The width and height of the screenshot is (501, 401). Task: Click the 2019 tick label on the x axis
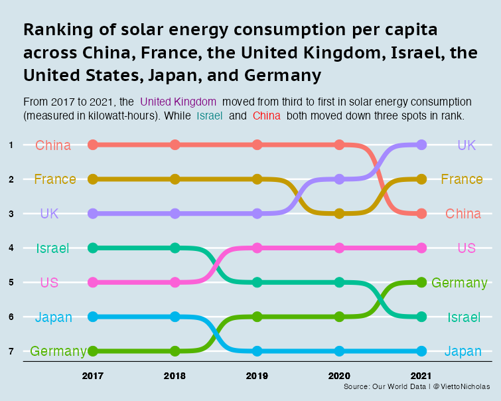click(x=257, y=376)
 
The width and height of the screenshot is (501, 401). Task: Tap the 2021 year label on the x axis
click(x=421, y=376)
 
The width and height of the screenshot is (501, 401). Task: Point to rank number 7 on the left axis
click(x=11, y=351)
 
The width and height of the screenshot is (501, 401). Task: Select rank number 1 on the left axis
click(x=11, y=145)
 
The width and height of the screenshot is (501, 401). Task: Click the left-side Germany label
click(x=58, y=351)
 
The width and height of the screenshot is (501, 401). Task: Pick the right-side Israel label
click(x=463, y=317)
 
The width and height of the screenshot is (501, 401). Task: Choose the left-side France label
click(x=54, y=179)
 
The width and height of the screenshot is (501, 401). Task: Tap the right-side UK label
click(x=466, y=145)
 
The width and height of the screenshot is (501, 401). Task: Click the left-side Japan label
click(x=54, y=317)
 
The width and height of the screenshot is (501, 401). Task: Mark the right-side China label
click(x=463, y=214)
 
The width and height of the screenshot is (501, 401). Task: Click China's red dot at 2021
click(x=421, y=214)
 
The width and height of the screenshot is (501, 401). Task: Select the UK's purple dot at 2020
click(x=339, y=179)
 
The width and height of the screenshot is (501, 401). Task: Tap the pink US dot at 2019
click(x=257, y=248)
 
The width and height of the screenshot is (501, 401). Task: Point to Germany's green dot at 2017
click(x=93, y=351)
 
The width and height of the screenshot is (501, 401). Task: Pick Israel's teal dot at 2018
click(x=175, y=248)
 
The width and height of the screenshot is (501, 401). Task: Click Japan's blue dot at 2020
click(x=339, y=351)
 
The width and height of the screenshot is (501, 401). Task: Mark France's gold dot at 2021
click(x=421, y=179)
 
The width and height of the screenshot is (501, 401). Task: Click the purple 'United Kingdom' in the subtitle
click(x=179, y=102)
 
